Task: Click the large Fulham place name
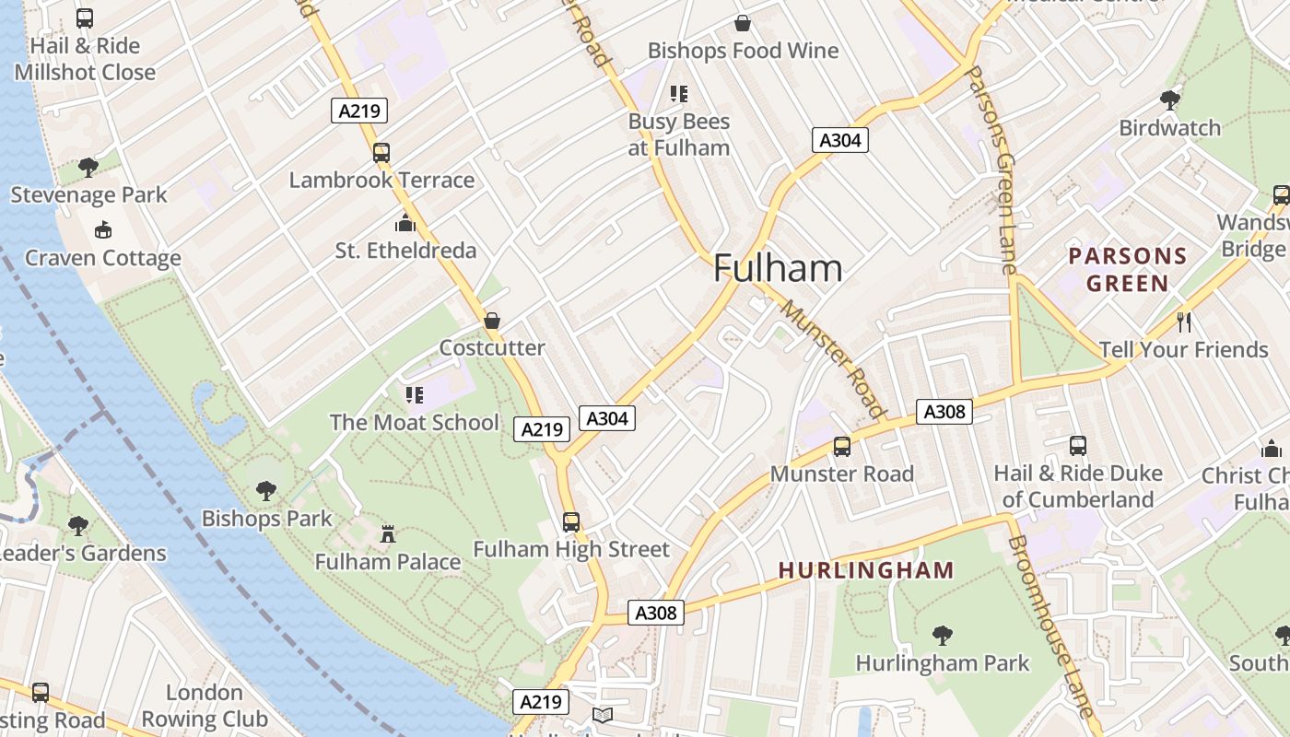point(778,268)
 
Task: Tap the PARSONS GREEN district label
point(1127,269)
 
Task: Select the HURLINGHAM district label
point(866,570)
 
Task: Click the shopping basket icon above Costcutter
point(492,321)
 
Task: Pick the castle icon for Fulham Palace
point(388,534)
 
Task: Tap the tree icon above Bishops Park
point(266,491)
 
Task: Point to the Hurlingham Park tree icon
point(942,635)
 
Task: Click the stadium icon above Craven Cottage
point(103,229)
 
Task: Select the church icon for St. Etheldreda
point(405,223)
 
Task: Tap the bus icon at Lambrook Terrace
point(381,153)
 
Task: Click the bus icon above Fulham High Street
point(571,521)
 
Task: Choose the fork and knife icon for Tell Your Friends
point(1184,322)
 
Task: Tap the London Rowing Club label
point(205,706)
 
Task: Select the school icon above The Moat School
point(415,395)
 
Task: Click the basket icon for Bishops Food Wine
point(742,23)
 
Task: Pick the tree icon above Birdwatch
point(1170,99)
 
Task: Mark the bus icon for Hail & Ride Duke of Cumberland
point(1078,446)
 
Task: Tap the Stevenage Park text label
point(89,195)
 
